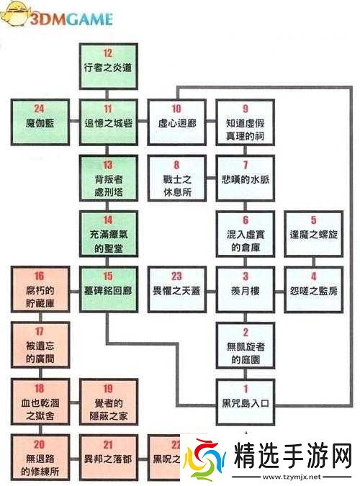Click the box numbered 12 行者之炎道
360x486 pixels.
(x=108, y=63)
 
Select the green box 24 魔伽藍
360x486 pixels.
(x=39, y=117)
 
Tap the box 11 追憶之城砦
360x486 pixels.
(x=108, y=117)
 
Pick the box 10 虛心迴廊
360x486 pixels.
(x=176, y=117)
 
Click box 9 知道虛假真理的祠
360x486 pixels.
(x=246, y=117)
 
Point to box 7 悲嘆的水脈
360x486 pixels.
(x=246, y=174)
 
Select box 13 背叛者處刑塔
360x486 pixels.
(x=108, y=174)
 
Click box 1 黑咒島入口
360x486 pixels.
(x=246, y=397)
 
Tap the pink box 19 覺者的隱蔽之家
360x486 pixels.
(x=108, y=397)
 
